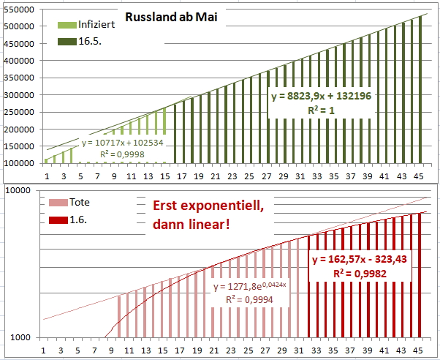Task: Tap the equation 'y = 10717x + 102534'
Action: coord(122,143)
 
